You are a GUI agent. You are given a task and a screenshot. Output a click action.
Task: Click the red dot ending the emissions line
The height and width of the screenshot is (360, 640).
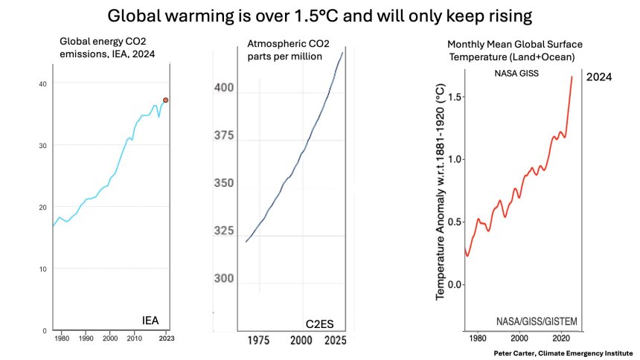166,100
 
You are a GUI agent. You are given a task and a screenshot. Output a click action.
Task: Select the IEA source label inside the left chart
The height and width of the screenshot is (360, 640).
151,321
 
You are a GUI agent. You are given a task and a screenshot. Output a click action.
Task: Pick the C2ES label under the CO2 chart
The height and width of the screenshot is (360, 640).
321,324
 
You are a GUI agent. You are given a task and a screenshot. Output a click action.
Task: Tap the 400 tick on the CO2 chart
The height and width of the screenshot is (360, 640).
223,88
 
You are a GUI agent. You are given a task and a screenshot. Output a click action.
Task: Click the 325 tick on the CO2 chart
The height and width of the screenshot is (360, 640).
223,231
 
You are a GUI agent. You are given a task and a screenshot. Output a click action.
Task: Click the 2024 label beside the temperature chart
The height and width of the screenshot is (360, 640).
599,77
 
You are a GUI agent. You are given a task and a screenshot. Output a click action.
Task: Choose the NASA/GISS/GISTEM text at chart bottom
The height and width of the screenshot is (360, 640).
537,321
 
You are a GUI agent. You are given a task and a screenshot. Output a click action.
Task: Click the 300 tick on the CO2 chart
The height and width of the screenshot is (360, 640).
223,279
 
